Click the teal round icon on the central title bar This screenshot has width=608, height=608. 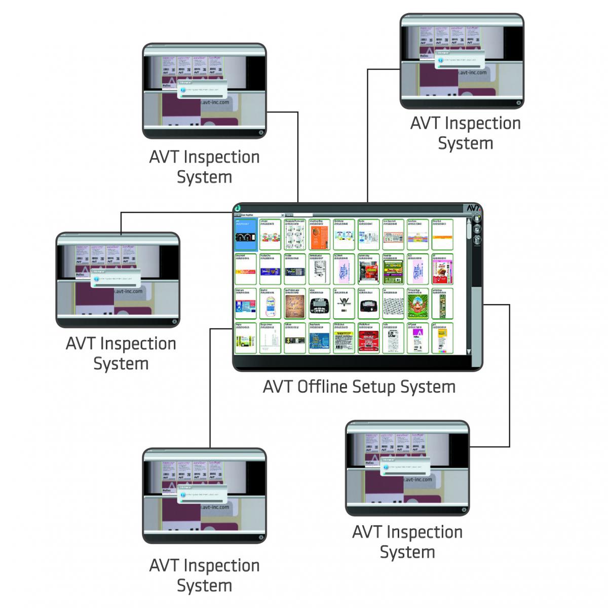(x=237, y=208)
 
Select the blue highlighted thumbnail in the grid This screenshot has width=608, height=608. (x=245, y=235)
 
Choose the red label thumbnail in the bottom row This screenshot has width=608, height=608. (x=368, y=339)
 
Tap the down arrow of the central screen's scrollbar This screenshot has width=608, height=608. (x=469, y=351)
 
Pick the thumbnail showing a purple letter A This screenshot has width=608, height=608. (x=418, y=339)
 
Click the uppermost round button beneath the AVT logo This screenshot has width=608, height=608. (x=476, y=219)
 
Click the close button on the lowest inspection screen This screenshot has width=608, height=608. (x=261, y=538)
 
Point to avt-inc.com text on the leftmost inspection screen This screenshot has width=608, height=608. (x=129, y=292)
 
